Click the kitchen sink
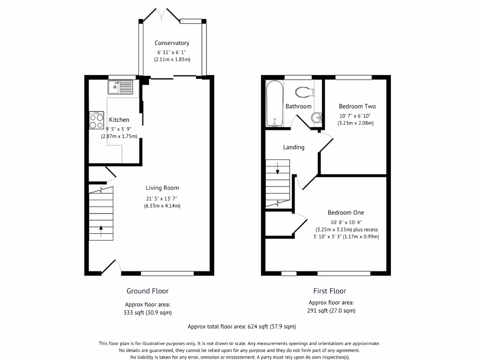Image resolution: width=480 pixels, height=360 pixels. click(x=121, y=87)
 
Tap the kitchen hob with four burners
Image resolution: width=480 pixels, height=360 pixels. click(x=97, y=120)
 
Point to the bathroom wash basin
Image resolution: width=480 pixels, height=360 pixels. click(x=317, y=118)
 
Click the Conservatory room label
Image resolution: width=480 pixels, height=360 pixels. click(x=172, y=43)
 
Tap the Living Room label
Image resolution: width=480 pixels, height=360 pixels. click(x=162, y=188)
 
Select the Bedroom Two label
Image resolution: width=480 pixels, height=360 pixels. click(x=357, y=106)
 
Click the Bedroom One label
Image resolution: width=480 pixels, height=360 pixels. click(x=346, y=212)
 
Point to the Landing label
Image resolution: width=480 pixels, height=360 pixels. click(x=294, y=147)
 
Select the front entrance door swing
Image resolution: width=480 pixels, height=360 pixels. click(x=111, y=267)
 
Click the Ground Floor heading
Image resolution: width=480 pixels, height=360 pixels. click(x=148, y=291)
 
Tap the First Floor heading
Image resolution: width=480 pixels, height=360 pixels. click(x=330, y=291)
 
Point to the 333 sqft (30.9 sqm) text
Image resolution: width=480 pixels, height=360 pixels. click(x=148, y=313)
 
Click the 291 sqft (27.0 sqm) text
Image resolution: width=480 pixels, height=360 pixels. click(x=331, y=311)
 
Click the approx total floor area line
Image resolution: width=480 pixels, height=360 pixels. click(x=241, y=327)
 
